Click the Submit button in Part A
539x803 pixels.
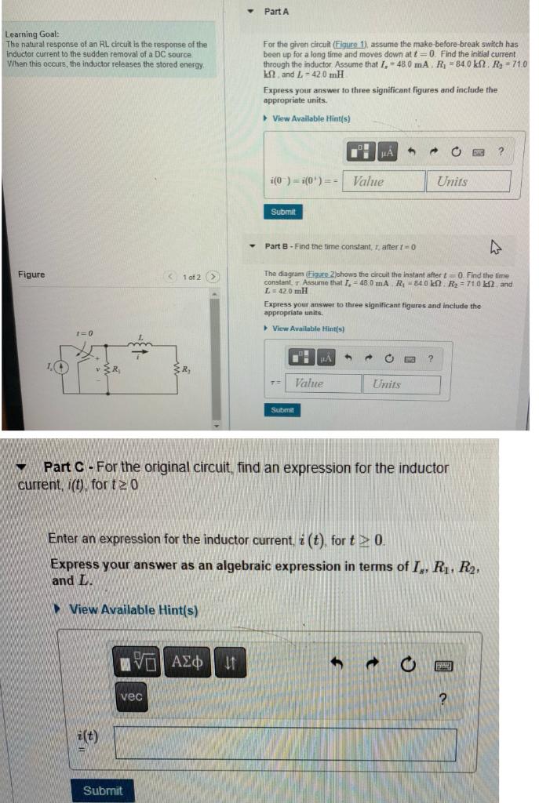tap(282, 212)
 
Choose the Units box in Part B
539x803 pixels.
tap(401, 383)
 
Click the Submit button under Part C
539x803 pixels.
tap(102, 790)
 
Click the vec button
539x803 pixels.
tap(132, 696)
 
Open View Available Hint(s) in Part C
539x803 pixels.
tap(133, 610)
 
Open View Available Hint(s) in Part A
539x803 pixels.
tap(311, 118)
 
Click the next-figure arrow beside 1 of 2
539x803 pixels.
tap(213, 277)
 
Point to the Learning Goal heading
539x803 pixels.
tap(27, 35)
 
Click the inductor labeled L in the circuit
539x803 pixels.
tap(141, 345)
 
